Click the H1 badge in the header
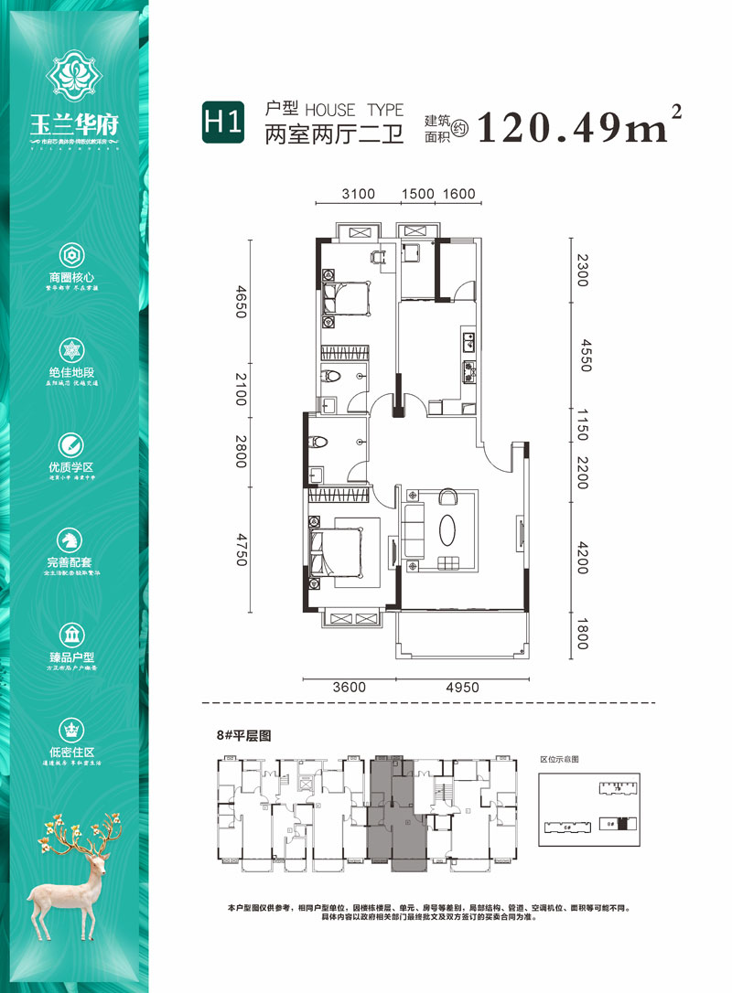pos(223,123)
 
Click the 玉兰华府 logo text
pos(75,124)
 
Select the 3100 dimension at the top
pos(359,194)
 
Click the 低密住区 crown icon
pos(72,729)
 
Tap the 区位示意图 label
pos(560,760)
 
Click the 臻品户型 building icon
pos(72,634)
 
